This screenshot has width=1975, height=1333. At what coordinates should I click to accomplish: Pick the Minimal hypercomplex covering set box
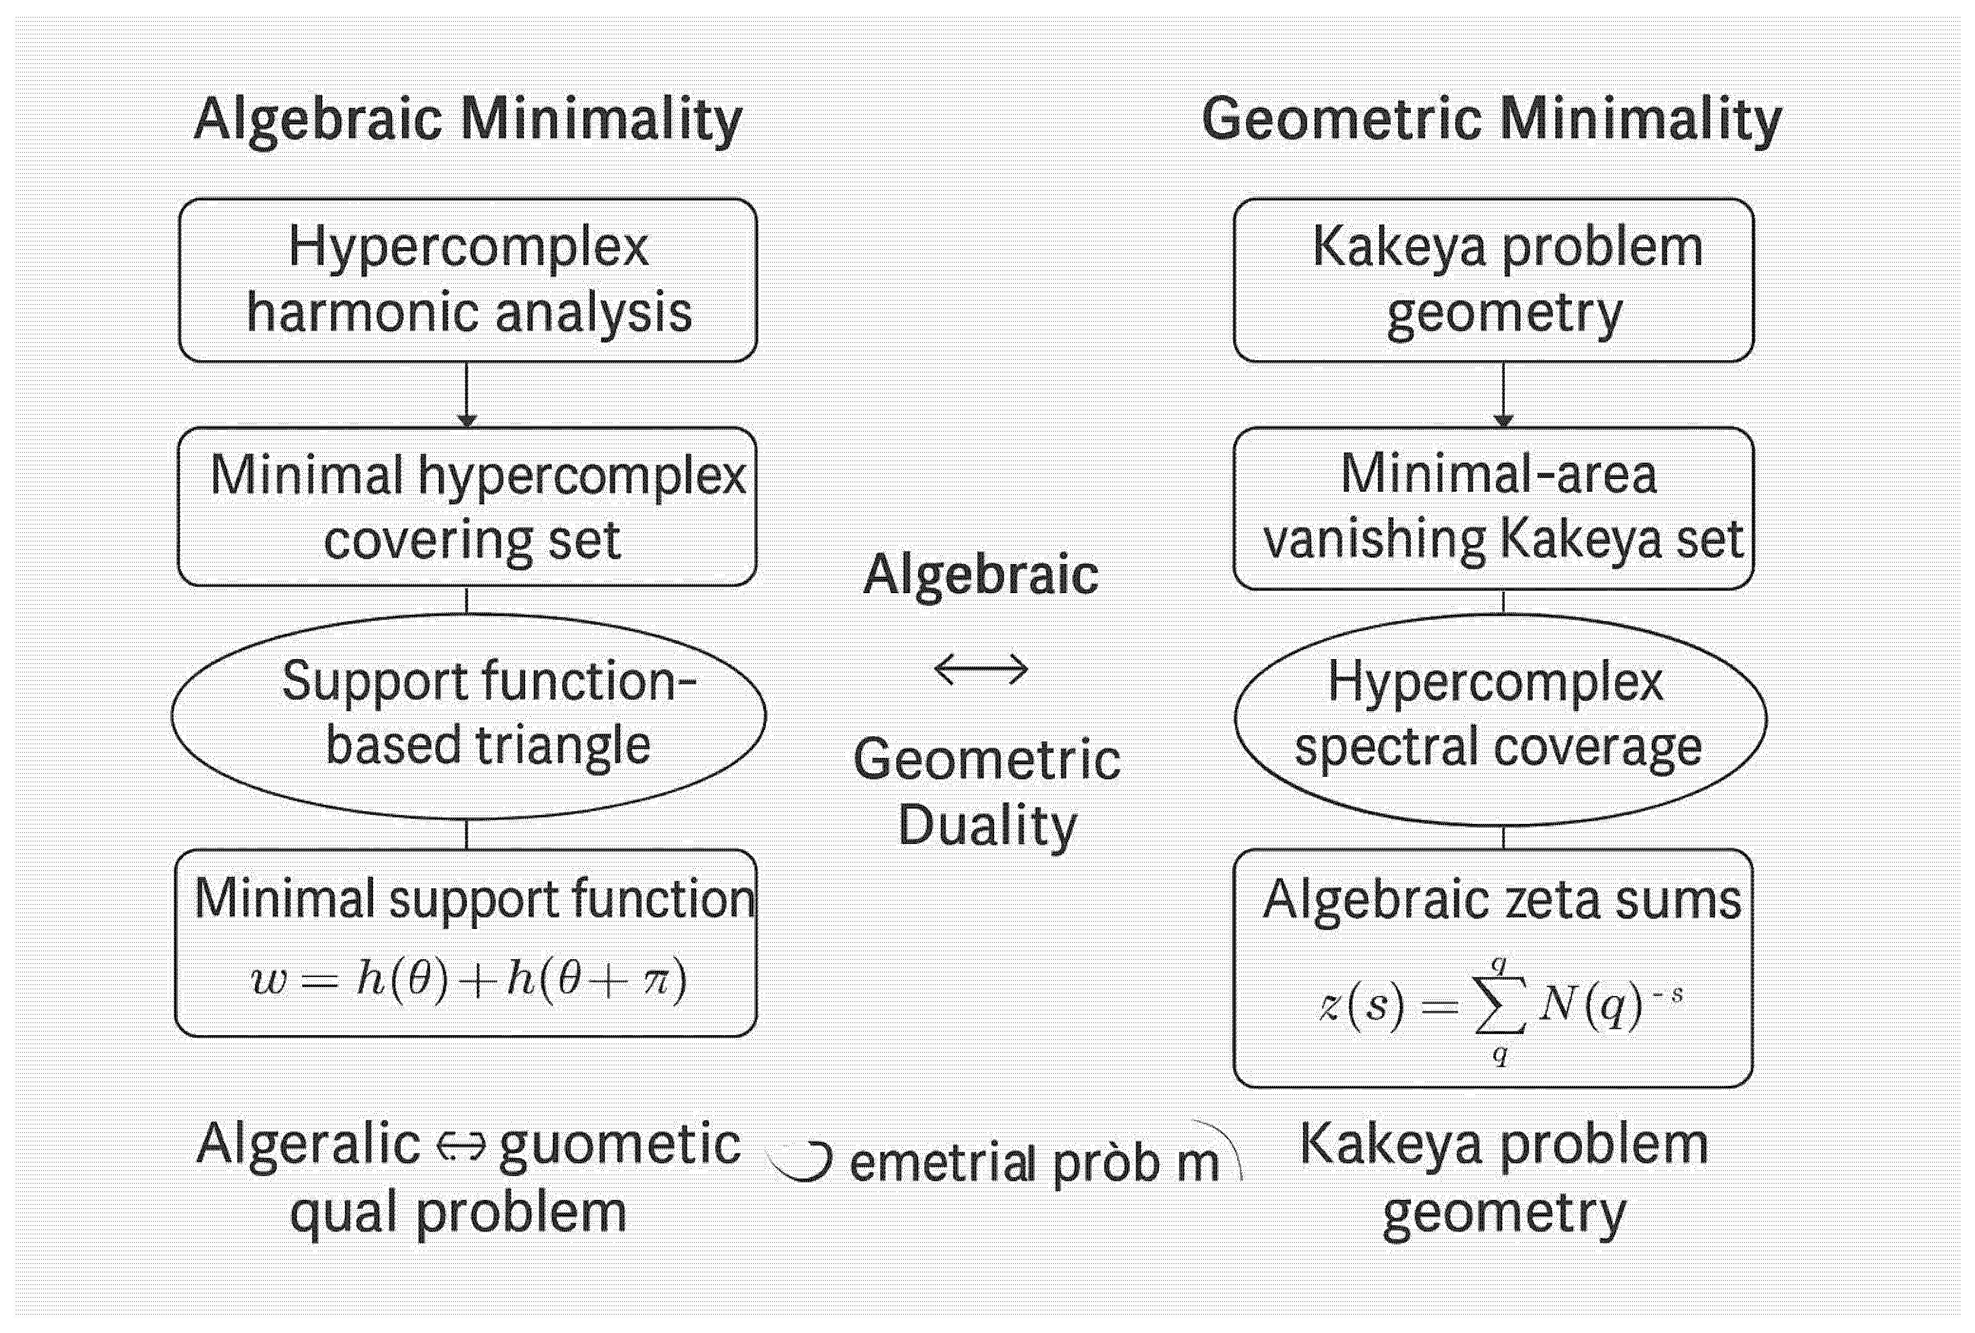tap(467, 506)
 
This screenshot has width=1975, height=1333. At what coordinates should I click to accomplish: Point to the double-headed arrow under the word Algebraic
tap(981, 670)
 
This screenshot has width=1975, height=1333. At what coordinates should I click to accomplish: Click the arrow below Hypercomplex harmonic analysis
tap(466, 395)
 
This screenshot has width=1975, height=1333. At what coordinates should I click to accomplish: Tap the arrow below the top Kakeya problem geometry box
tap(1503, 395)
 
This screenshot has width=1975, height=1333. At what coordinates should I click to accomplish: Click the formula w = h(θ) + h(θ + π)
tap(468, 980)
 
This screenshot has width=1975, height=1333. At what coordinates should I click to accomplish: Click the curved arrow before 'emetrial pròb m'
tap(801, 1160)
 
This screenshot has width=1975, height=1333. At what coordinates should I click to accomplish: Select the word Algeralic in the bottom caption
tap(307, 1144)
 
